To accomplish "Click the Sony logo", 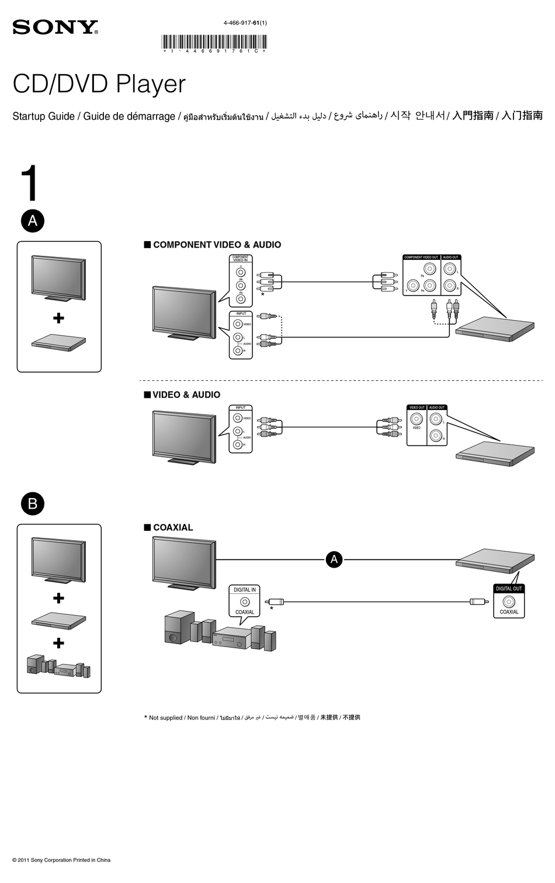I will (55, 27).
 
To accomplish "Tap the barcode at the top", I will (214, 42).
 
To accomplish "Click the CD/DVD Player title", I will (99, 84).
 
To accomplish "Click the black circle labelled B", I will (33, 503).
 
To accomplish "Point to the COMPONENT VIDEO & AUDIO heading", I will (216, 245).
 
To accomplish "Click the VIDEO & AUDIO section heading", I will (186, 395).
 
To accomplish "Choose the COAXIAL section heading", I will (172, 527).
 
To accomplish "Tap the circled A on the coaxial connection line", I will (334, 559).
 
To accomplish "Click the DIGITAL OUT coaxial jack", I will (509, 602).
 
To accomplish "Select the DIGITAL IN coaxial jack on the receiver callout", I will (244, 602).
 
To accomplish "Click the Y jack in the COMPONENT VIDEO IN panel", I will (241, 272).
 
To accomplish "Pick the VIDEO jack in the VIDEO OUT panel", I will (417, 419).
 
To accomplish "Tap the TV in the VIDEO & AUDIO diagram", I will (184, 435).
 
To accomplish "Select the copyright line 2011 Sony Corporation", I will (61, 860).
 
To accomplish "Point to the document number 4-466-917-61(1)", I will (245, 23).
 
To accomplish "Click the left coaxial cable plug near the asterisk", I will (275, 602).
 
